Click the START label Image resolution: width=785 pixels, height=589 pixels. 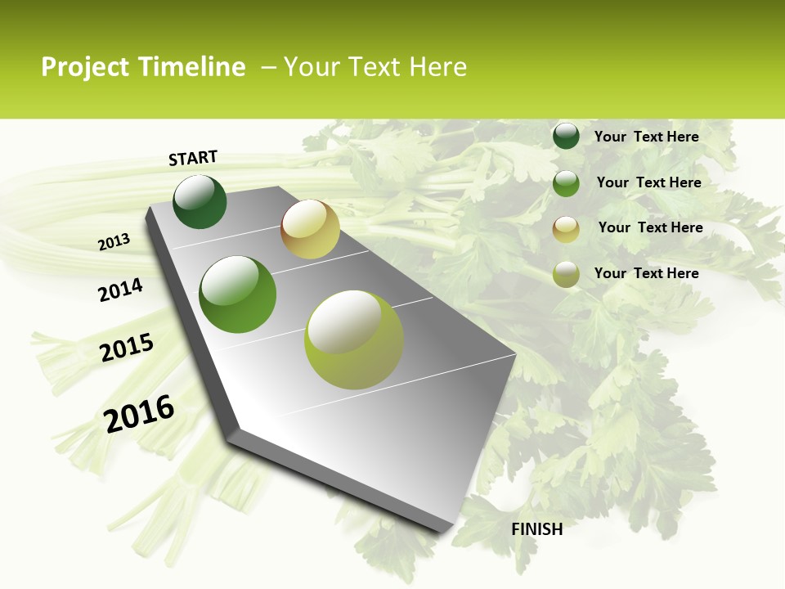(193, 158)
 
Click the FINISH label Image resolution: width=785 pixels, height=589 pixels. (536, 529)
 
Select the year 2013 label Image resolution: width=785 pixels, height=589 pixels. (114, 242)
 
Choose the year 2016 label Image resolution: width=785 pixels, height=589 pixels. (139, 414)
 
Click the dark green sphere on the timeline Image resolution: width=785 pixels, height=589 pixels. (200, 201)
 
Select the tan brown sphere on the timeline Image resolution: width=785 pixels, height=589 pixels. (310, 229)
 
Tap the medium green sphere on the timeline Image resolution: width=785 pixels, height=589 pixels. (238, 294)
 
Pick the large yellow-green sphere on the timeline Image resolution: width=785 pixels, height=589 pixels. (354, 339)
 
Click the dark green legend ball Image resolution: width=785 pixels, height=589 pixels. (566, 136)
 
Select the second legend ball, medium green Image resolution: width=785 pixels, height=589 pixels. (566, 183)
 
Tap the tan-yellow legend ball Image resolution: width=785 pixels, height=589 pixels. (566, 229)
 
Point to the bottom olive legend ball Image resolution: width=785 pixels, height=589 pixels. (566, 274)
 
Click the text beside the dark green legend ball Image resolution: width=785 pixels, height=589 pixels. (646, 137)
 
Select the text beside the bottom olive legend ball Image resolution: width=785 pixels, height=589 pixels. (646, 273)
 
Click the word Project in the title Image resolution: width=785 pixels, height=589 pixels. (85, 67)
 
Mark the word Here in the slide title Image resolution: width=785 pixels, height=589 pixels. (437, 67)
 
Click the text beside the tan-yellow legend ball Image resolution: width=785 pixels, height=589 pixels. (650, 227)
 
